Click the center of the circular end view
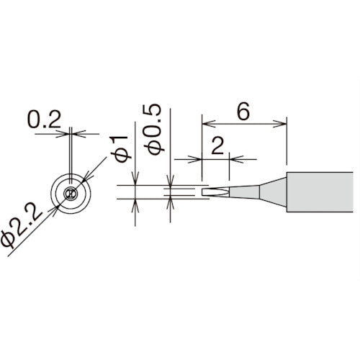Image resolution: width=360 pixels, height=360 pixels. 70,192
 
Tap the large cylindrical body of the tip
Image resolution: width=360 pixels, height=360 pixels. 320,192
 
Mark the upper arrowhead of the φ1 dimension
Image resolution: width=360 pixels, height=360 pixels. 135,180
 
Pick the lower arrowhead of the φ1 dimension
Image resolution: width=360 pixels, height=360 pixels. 135,204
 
